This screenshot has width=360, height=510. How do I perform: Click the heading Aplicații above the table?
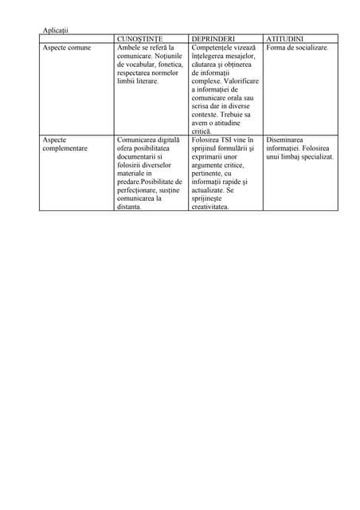[55, 30]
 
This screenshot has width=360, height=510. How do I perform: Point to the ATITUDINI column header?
[284, 39]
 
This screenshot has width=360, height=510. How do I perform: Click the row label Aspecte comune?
[67, 48]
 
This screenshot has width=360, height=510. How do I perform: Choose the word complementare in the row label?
[65, 148]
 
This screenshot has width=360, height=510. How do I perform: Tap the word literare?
[144, 81]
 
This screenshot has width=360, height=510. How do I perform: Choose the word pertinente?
[211, 173]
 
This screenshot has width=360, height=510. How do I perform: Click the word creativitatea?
[209, 206]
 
